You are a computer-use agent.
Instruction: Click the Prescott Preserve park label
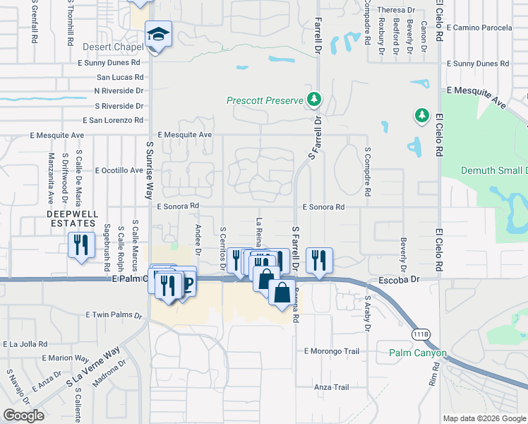(x=265, y=100)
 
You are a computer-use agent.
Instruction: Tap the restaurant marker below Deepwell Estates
(x=81, y=245)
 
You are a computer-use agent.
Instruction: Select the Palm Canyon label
(x=417, y=353)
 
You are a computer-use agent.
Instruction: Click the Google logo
(x=23, y=415)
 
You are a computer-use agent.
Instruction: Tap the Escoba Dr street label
(x=399, y=280)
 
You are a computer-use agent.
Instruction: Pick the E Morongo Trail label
(x=332, y=351)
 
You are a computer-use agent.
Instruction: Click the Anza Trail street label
(x=332, y=387)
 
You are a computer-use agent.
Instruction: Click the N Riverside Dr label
(x=119, y=91)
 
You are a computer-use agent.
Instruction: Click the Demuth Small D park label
(x=493, y=171)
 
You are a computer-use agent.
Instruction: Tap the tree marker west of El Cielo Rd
(x=421, y=114)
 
